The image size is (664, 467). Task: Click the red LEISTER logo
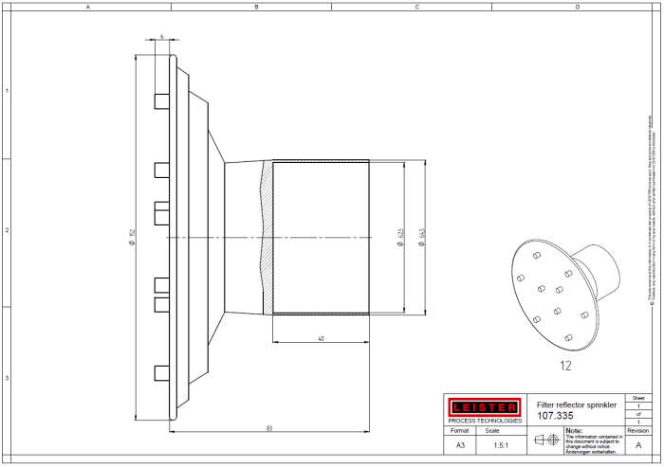pyautogui.click(x=484, y=406)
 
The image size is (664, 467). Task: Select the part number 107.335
pyautogui.click(x=556, y=416)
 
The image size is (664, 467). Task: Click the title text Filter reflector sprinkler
pyautogui.click(x=577, y=404)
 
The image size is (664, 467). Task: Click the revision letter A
pyautogui.click(x=637, y=444)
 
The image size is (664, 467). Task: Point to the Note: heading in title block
pyautogui.click(x=575, y=429)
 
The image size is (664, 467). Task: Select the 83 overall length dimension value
pyautogui.click(x=270, y=429)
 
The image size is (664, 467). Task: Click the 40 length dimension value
pyautogui.click(x=321, y=338)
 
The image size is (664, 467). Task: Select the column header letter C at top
pyautogui.click(x=416, y=6)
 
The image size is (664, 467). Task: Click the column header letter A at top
pyautogui.click(x=88, y=6)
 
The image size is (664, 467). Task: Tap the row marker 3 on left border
pyautogui.click(x=6, y=378)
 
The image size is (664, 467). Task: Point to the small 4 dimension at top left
pyautogui.click(x=162, y=36)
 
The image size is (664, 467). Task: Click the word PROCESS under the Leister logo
pyautogui.click(x=462, y=421)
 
